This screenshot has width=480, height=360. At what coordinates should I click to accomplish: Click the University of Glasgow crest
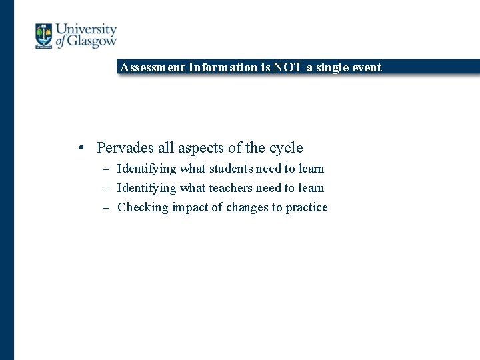click(43, 36)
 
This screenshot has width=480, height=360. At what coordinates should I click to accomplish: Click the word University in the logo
click(86, 30)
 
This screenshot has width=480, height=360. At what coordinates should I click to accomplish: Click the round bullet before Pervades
click(80, 148)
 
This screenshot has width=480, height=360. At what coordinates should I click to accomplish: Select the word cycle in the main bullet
click(286, 148)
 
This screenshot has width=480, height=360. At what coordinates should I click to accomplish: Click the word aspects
click(203, 148)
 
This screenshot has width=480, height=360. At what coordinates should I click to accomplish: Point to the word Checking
click(143, 207)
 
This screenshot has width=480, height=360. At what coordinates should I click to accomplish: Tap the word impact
click(190, 207)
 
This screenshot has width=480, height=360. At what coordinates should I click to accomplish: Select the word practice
click(307, 207)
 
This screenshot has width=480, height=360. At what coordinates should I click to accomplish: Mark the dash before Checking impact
click(107, 207)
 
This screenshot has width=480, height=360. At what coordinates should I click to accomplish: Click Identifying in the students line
click(146, 169)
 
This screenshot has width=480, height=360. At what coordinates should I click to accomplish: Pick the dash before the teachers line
click(107, 188)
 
